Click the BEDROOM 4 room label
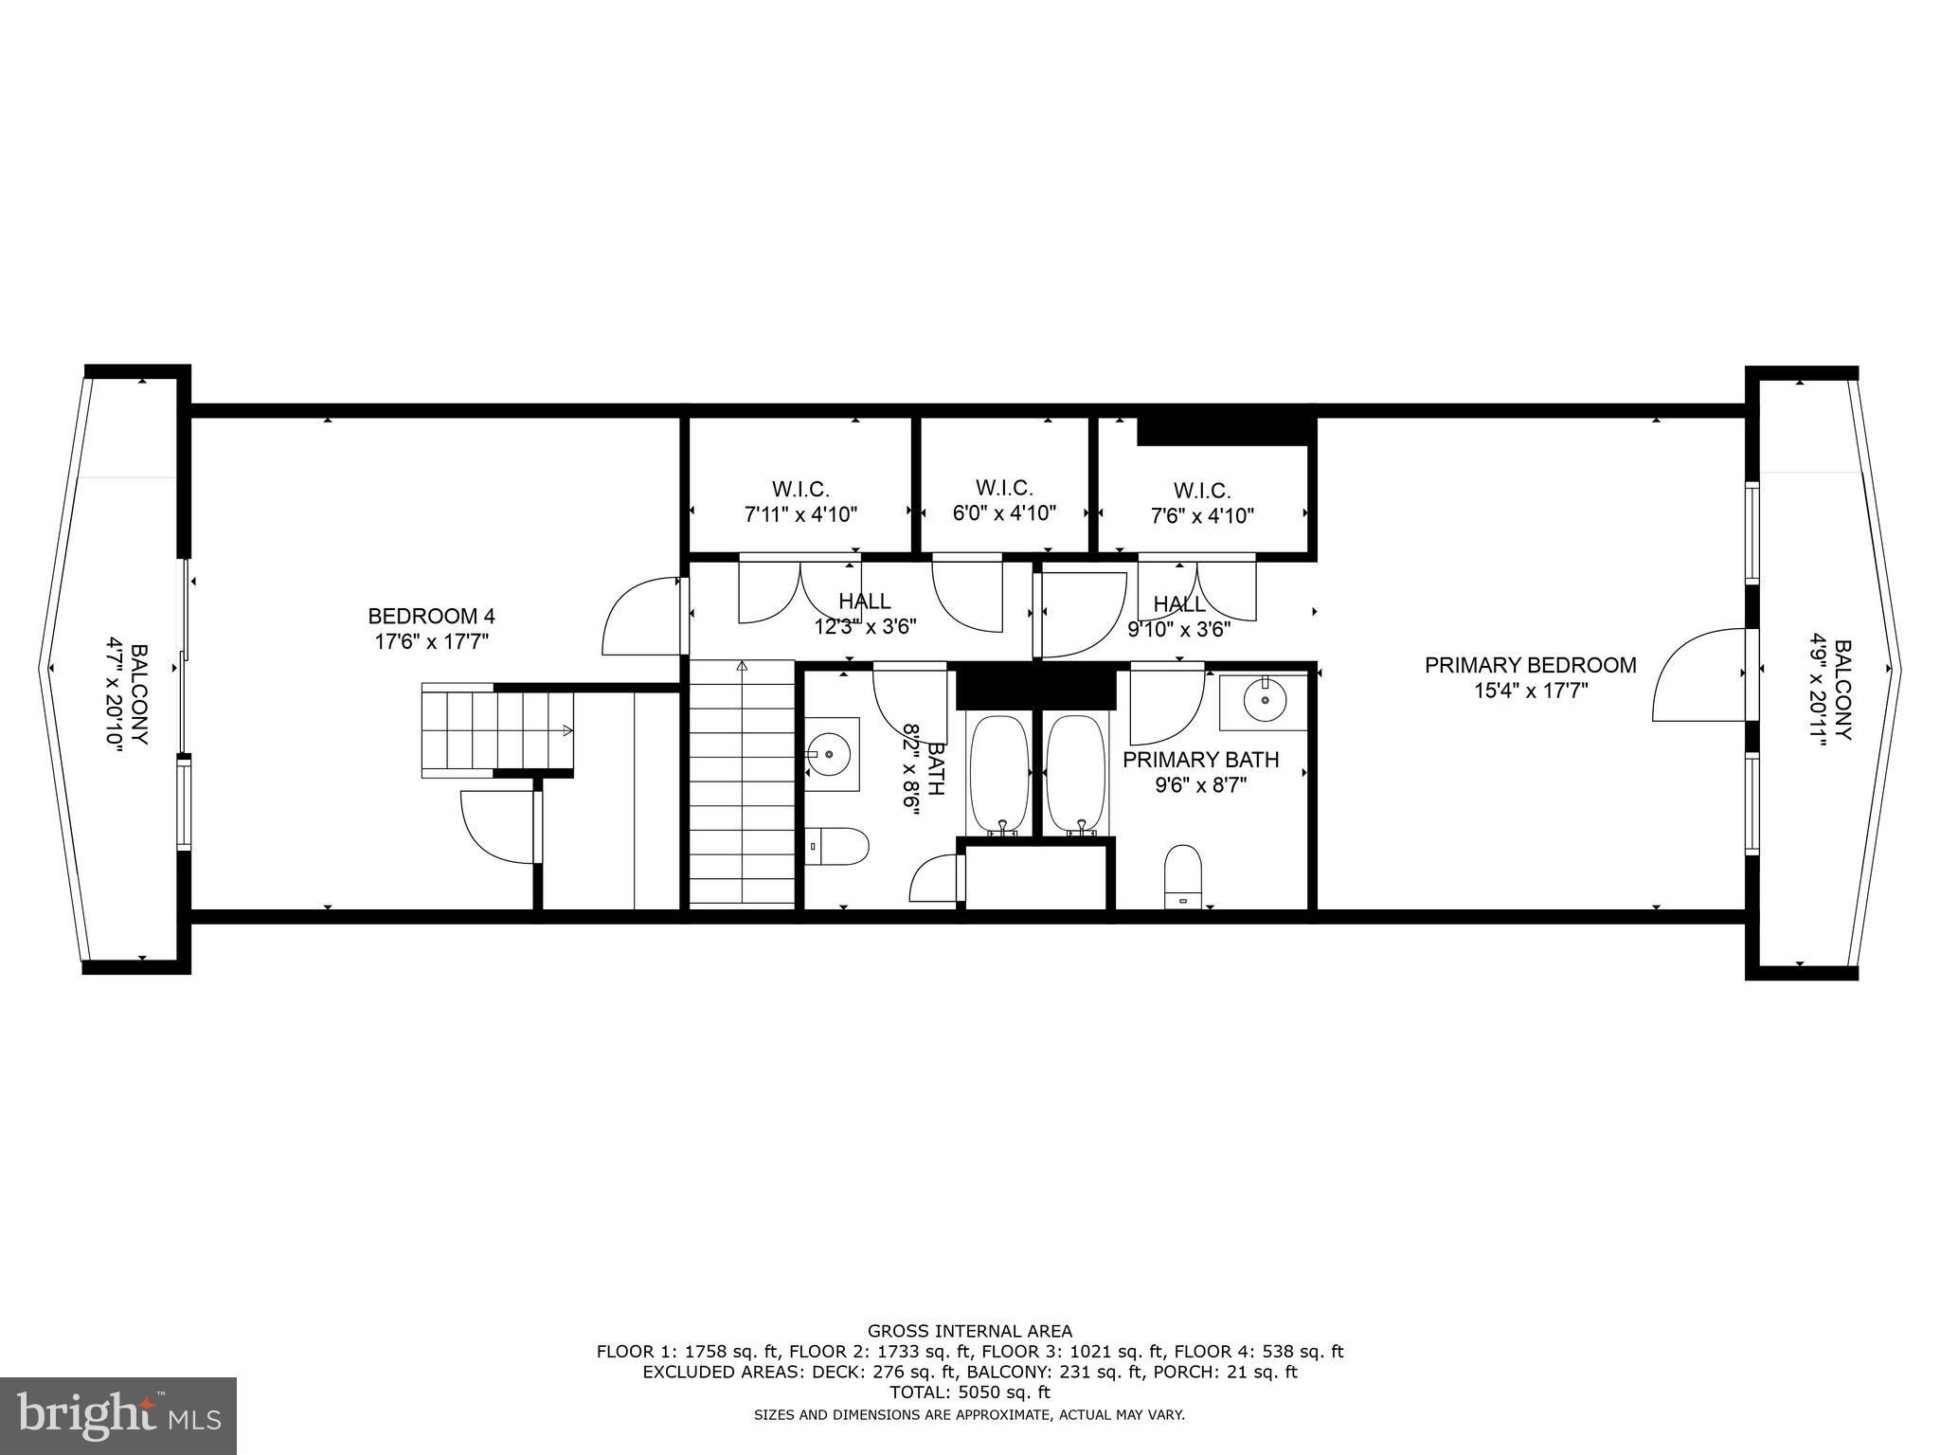click(x=431, y=617)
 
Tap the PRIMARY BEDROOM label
click(x=1531, y=666)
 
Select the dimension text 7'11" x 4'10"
click(x=800, y=515)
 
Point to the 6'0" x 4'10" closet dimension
click(x=1004, y=513)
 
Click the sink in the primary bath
click(x=1263, y=703)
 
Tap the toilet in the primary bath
click(x=1182, y=876)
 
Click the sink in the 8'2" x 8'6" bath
click(x=832, y=754)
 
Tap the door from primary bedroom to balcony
click(x=1699, y=674)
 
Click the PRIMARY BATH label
click(x=1200, y=760)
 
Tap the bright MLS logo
click(x=118, y=1415)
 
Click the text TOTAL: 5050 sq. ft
click(x=970, y=1392)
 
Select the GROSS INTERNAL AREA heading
click(x=970, y=1332)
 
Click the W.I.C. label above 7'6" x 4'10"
click(x=1202, y=491)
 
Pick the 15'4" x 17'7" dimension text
click(x=1531, y=691)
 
